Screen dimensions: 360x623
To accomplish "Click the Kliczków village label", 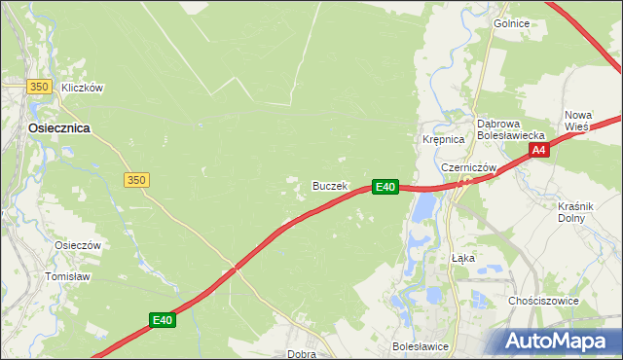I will click(82, 88).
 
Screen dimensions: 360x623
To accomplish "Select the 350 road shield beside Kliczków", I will click(39, 88).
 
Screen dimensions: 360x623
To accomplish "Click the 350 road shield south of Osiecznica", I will click(136, 180).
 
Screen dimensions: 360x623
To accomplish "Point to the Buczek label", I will click(330, 185).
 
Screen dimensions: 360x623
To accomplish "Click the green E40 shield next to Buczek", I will click(385, 186).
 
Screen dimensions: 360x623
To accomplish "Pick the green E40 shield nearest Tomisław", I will click(163, 319).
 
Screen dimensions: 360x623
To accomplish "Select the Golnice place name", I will click(511, 22).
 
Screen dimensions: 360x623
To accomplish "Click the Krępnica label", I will click(443, 140).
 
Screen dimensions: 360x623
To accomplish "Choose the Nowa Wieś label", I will click(578, 121).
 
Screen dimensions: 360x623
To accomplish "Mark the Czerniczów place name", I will click(469, 167).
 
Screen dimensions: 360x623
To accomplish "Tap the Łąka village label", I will click(463, 259).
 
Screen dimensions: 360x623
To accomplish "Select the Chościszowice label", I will click(544, 301).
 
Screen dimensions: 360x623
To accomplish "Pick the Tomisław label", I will click(68, 276).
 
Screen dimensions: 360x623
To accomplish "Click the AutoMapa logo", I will click(559, 341).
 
